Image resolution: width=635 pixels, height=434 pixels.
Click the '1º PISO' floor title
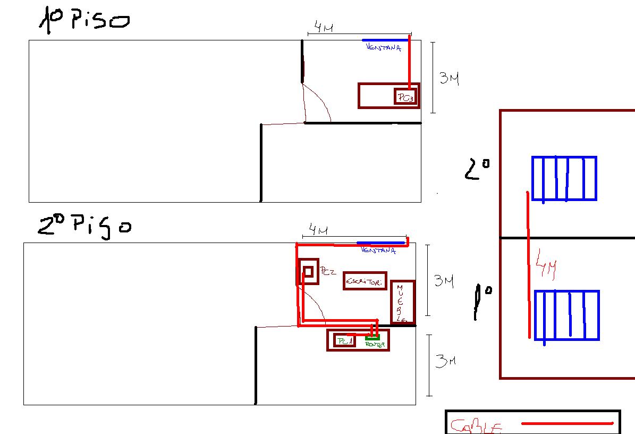coord(84,21)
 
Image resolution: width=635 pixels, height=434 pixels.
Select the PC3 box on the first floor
coord(405,97)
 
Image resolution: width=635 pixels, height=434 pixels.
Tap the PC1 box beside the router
coord(344,341)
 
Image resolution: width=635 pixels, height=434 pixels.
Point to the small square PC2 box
coord(308,272)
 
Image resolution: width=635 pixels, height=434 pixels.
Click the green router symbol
coord(372,338)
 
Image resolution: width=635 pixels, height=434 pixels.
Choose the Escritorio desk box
coord(365,281)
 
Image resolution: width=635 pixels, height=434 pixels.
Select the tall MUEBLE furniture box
coord(403,302)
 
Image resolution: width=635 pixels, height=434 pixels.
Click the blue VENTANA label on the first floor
coord(383,48)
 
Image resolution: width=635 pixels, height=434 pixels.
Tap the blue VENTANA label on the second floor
coord(378,250)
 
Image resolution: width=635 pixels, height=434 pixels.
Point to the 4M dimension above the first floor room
coord(323,27)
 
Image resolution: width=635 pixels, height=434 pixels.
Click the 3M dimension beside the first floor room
coord(449,79)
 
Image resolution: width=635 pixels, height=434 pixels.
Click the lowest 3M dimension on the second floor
coord(445,361)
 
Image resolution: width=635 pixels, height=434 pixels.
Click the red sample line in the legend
coord(567,424)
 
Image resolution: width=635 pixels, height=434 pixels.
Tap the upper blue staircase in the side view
coord(564,178)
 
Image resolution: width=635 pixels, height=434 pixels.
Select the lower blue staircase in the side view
coord(566,315)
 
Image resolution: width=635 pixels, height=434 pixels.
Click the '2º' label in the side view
coord(477,170)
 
